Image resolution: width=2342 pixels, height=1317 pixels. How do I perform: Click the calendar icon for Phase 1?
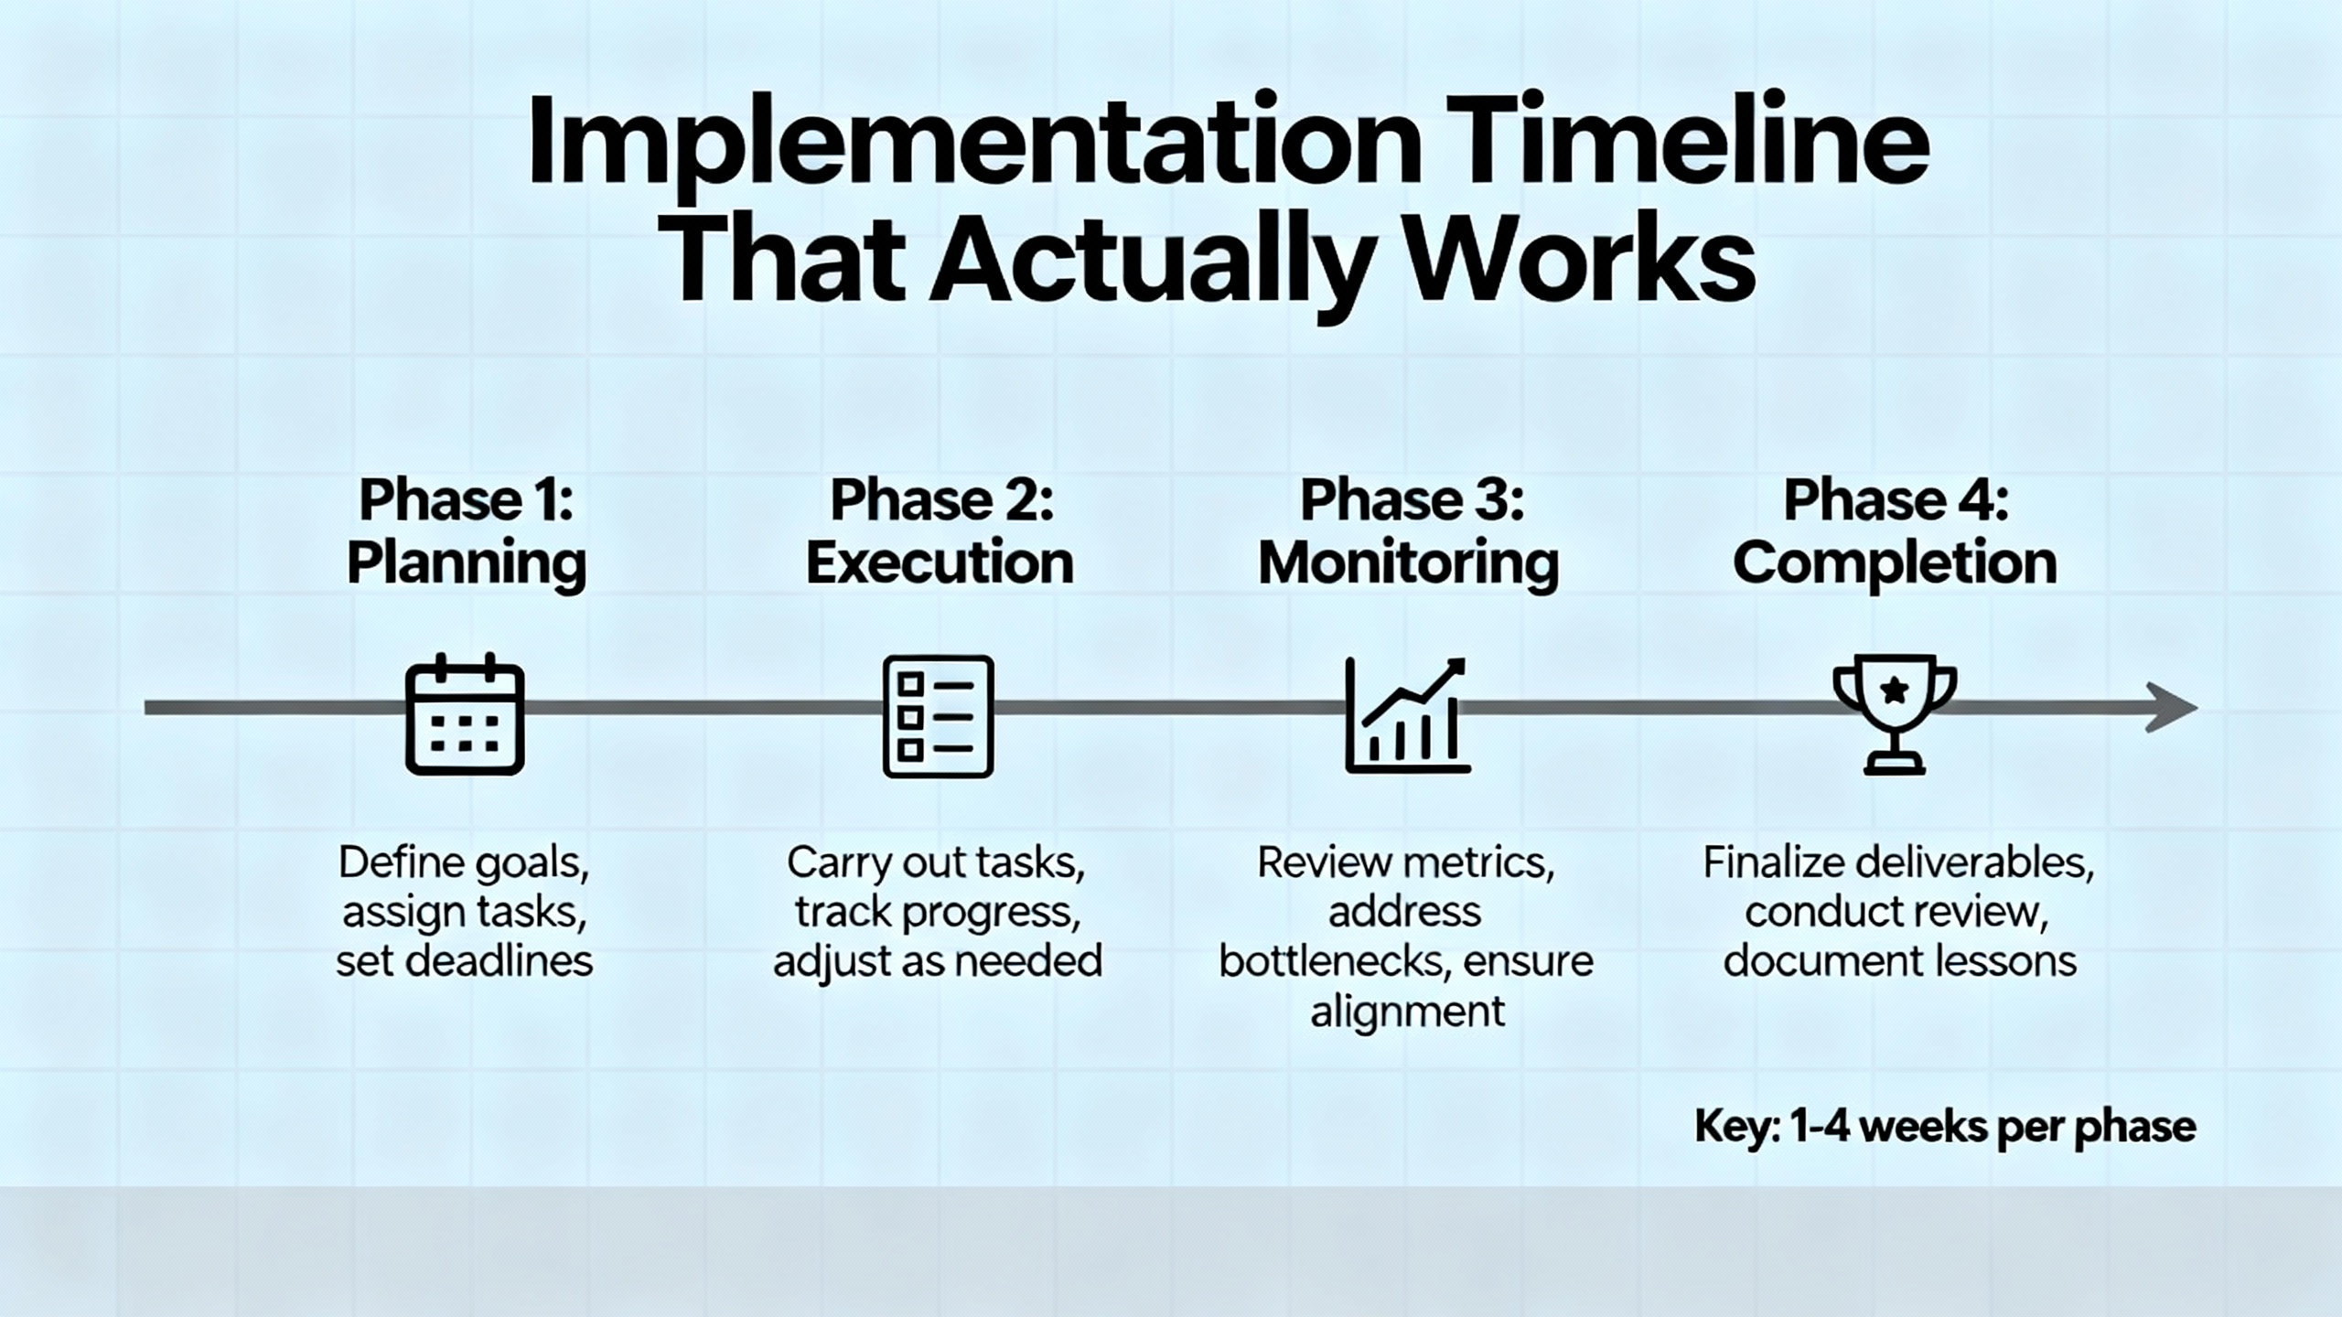point(465,713)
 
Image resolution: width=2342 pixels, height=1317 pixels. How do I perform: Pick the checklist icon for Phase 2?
point(938,716)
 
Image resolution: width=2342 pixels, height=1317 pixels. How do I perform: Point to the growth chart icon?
point(1407,715)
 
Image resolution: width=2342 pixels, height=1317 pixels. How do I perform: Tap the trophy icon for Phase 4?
point(1895,714)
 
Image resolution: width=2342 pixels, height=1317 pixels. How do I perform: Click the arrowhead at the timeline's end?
point(2172,707)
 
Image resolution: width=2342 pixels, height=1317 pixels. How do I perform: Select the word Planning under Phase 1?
point(467,563)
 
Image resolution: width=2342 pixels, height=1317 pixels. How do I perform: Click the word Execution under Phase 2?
point(940,562)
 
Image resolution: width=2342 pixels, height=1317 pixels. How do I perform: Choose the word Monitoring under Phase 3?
point(1409,563)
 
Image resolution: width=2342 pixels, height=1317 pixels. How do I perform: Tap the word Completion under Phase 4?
point(1895,563)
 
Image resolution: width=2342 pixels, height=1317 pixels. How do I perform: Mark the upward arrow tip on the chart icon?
point(1464,659)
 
